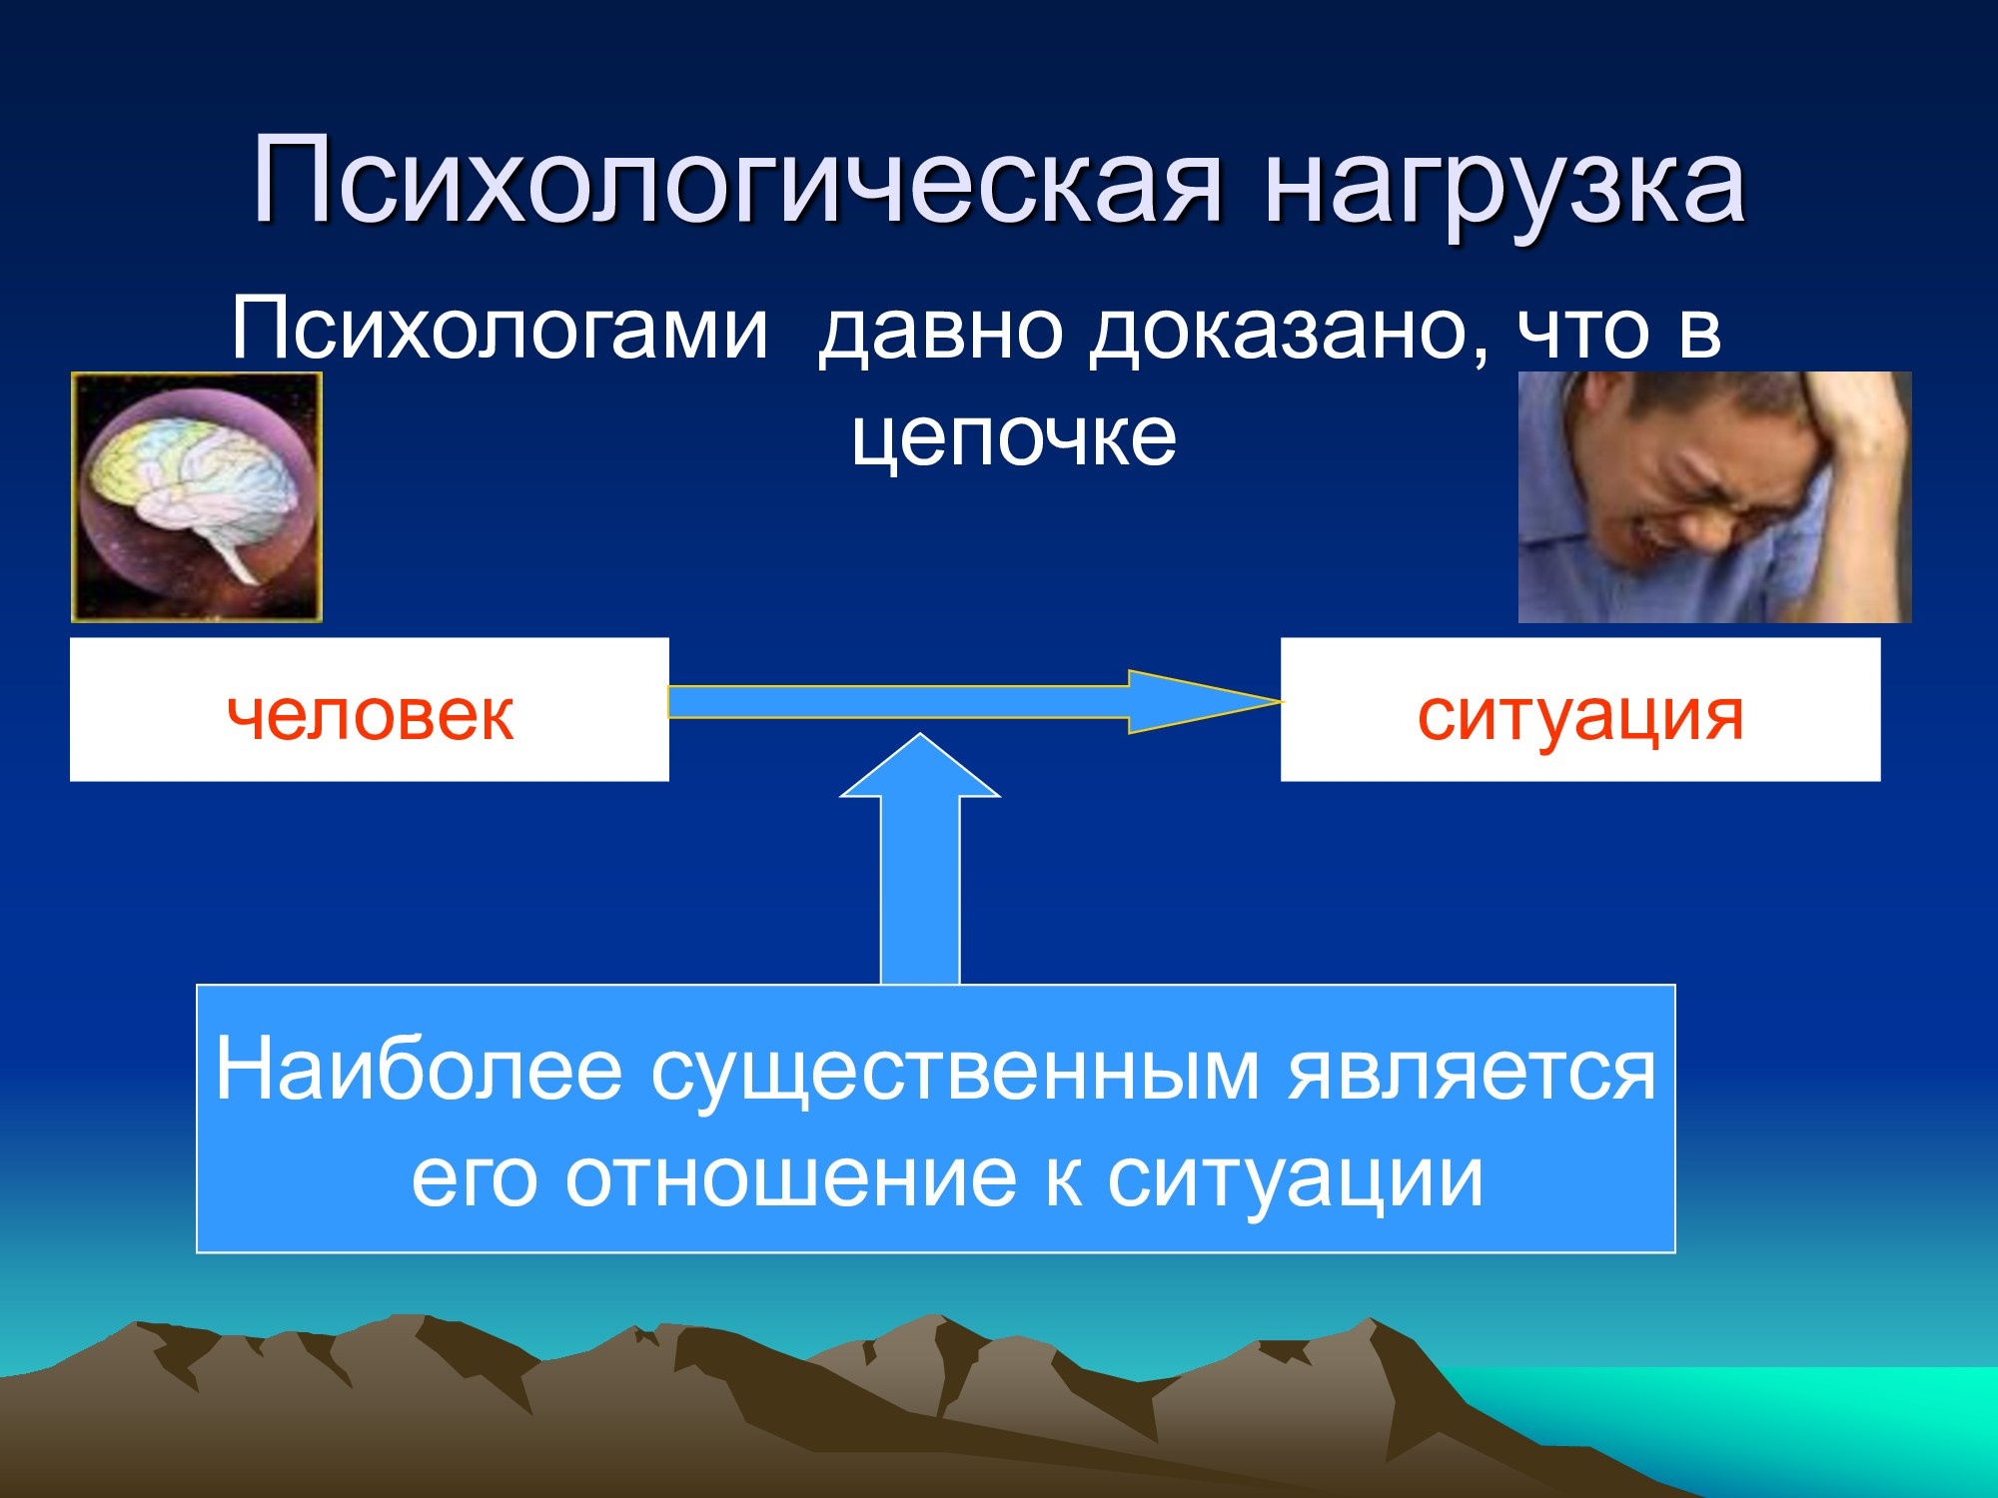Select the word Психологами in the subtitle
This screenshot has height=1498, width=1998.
(499, 330)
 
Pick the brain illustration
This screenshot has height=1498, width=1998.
(197, 497)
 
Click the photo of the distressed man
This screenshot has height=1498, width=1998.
(1714, 497)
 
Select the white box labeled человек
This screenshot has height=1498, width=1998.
(370, 709)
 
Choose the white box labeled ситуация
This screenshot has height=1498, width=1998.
(1580, 709)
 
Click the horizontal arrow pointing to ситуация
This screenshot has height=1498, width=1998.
(975, 702)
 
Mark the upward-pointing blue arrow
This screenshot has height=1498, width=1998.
(920, 859)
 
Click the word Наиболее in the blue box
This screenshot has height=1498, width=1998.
(420, 1069)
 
